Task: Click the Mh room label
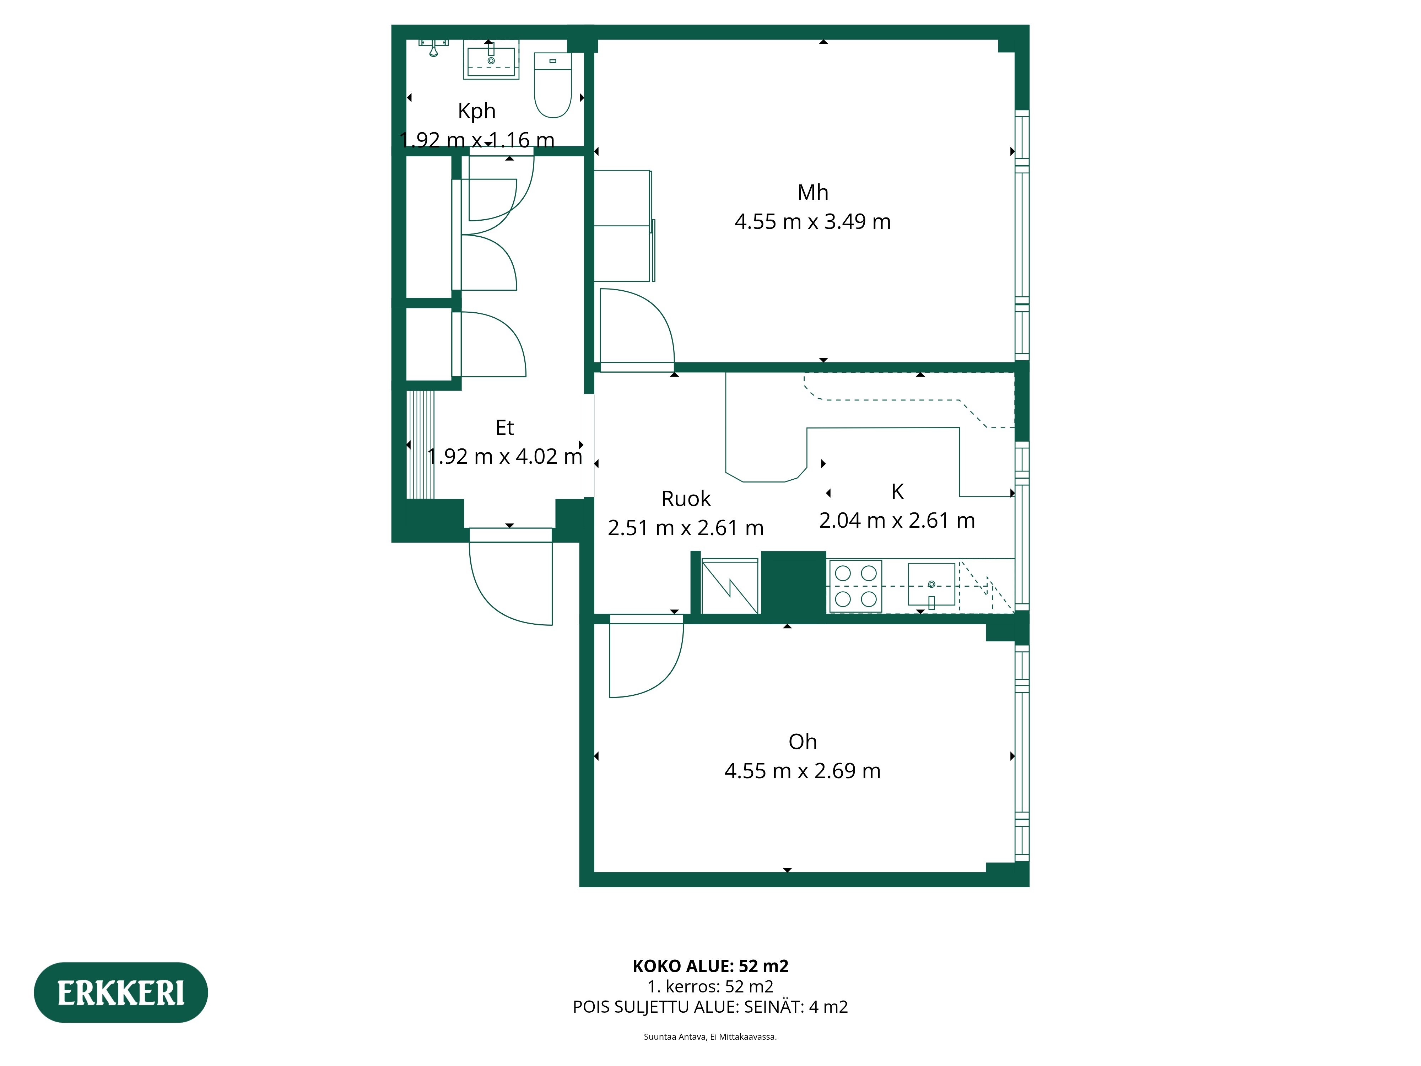tap(813, 192)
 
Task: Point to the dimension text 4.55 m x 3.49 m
tap(813, 222)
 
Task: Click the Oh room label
tap(803, 742)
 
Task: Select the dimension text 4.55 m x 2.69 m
tap(803, 770)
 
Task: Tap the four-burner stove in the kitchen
tap(855, 586)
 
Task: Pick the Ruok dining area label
tap(685, 499)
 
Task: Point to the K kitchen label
tap(897, 491)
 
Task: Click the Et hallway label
tap(504, 427)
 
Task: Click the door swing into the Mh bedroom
tap(636, 328)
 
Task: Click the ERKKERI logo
tap(121, 993)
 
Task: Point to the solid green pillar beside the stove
tap(793, 586)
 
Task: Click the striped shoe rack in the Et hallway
tap(421, 444)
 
